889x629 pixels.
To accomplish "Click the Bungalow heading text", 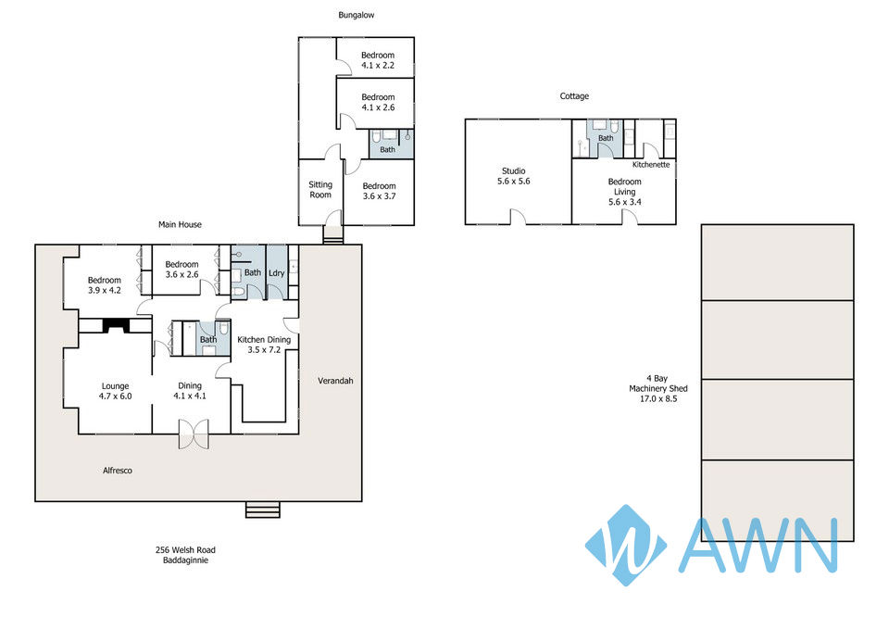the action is (x=356, y=16).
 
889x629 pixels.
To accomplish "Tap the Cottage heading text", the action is (x=574, y=96).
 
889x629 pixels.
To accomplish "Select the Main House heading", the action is (x=180, y=224).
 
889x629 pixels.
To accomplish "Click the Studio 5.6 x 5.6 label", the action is (x=514, y=176).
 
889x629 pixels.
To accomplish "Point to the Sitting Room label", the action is (x=320, y=189).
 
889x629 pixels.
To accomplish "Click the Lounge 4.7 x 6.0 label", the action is (x=115, y=391).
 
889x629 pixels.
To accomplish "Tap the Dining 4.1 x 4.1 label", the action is (x=190, y=391).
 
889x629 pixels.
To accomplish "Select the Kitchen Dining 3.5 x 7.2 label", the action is (x=264, y=345).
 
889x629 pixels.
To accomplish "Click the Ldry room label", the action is (x=277, y=273).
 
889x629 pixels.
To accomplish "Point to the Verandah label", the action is (x=335, y=381).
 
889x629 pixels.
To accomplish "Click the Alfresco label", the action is (x=118, y=471).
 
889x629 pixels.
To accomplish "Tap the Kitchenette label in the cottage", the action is (x=651, y=165).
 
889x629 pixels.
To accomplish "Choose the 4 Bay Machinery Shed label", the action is (x=658, y=388).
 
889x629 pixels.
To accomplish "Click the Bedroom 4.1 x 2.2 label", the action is (x=378, y=60).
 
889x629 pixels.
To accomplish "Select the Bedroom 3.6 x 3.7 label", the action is (x=380, y=191).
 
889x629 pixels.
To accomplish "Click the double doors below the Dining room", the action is (x=194, y=434).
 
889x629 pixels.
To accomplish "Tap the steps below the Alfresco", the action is (x=262, y=509).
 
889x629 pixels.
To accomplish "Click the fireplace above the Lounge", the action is (x=116, y=325).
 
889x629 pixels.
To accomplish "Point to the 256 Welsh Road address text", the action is (x=185, y=550).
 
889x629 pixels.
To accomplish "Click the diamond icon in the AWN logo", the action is (x=626, y=545).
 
